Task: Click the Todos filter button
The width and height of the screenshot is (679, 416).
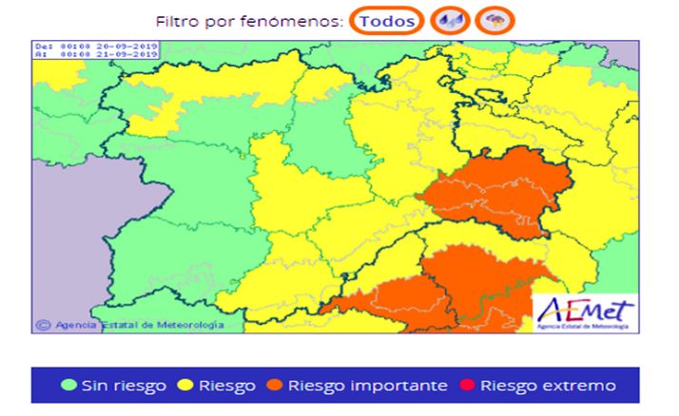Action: [x=387, y=20]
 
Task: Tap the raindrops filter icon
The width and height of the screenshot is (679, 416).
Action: [x=450, y=20]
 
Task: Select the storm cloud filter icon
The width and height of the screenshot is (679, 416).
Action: [x=494, y=20]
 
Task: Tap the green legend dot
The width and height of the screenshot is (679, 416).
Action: [x=69, y=386]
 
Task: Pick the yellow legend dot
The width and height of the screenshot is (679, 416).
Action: [x=185, y=386]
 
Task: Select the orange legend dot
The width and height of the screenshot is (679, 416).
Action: [x=274, y=386]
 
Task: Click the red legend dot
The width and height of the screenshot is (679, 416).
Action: [x=466, y=386]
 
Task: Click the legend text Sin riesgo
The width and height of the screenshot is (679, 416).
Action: [x=124, y=386]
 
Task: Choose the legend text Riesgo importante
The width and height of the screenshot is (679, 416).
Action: [x=367, y=386]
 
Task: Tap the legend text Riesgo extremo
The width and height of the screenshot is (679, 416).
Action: [x=548, y=386]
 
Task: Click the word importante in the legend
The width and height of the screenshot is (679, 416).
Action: [x=401, y=386]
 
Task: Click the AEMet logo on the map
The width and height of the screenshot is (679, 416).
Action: [x=583, y=310]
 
